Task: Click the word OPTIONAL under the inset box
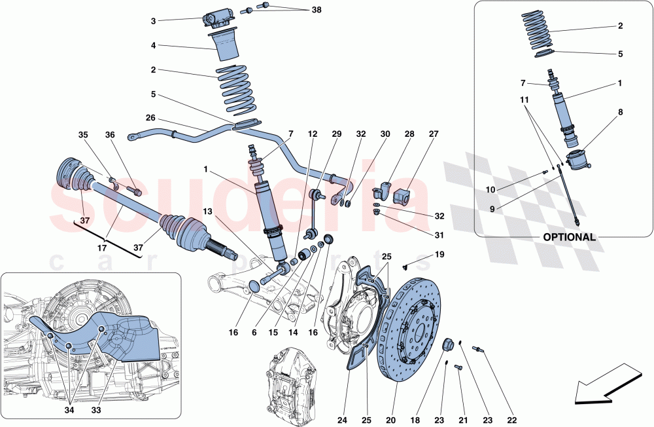pos(568,237)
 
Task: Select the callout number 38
pos(317,10)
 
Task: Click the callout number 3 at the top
pos(153,21)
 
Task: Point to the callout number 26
pos(151,119)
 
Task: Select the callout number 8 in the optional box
pos(619,112)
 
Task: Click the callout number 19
pos(439,253)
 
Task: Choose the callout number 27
pos(434,134)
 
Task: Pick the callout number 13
pos(207,211)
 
